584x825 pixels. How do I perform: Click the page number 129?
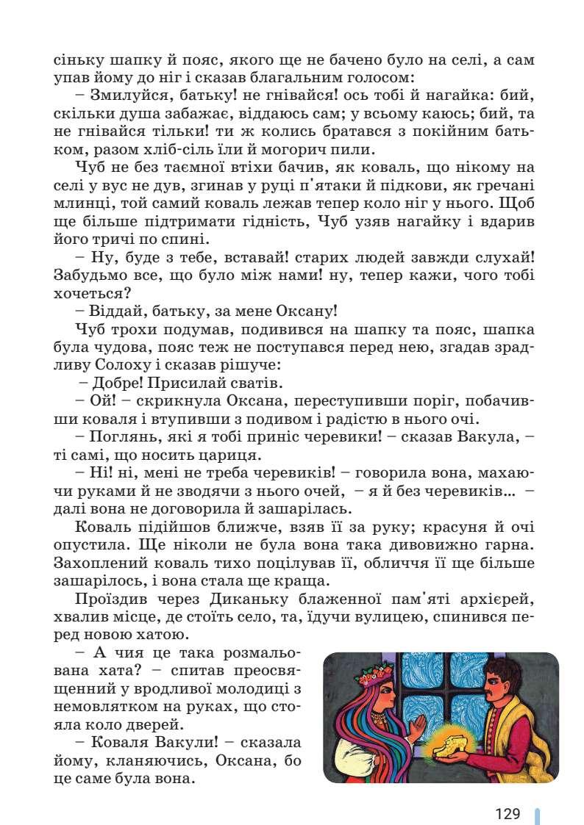508,813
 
